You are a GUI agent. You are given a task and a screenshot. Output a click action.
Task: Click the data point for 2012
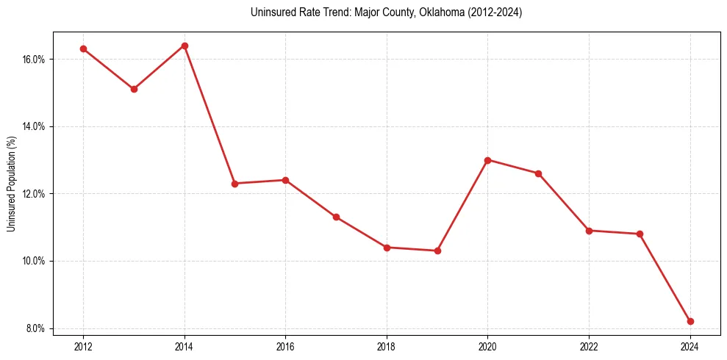(x=83, y=48)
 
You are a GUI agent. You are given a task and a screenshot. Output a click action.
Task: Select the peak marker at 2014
(x=185, y=46)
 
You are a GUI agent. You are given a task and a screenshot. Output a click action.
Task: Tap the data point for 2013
(x=134, y=89)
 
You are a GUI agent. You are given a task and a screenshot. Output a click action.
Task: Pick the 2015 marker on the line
(x=234, y=184)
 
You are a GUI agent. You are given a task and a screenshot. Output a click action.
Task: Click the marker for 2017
(x=336, y=217)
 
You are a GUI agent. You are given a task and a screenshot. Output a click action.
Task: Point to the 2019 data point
(x=437, y=251)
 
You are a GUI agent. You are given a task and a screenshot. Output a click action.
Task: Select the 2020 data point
(x=488, y=159)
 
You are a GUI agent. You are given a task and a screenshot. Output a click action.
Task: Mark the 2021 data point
(x=538, y=173)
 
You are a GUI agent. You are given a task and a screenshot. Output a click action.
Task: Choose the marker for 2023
(x=640, y=234)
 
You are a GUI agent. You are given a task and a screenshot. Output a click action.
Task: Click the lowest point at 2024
(x=690, y=321)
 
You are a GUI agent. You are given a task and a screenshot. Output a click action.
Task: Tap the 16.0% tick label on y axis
(x=35, y=59)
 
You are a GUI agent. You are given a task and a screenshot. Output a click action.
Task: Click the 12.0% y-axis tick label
(x=35, y=194)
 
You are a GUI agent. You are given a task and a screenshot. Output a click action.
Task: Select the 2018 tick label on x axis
(x=387, y=347)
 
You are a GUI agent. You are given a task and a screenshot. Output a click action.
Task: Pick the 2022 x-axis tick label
(x=589, y=347)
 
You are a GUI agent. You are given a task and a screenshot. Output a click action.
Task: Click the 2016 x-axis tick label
(x=285, y=347)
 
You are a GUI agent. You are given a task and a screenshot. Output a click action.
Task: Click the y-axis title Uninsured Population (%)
(x=12, y=184)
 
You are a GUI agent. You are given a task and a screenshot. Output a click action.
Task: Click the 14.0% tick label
(x=35, y=126)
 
